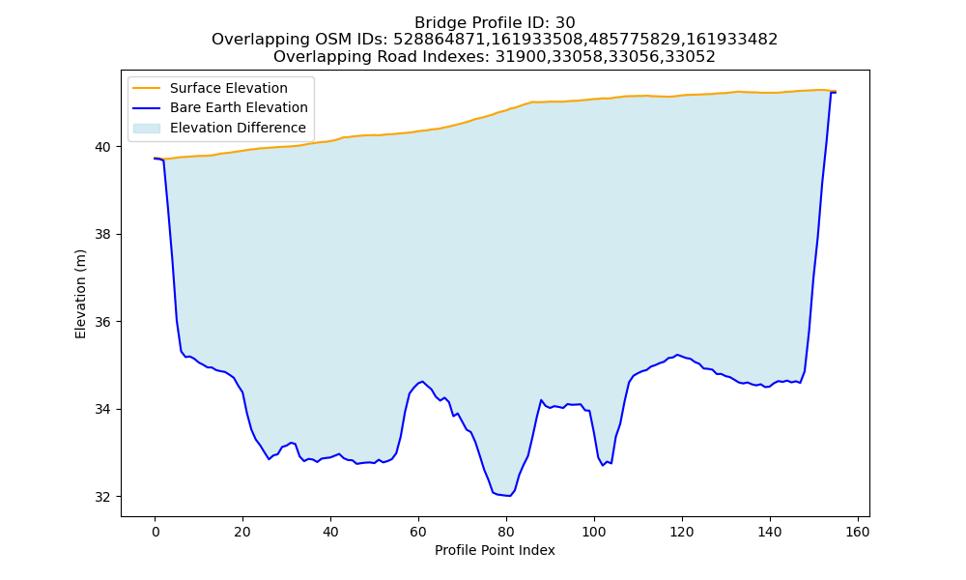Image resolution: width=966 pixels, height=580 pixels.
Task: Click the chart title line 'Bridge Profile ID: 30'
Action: pos(495,23)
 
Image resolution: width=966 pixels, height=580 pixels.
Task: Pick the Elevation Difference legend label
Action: pos(238,128)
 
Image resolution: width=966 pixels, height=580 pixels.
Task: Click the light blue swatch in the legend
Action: pos(147,129)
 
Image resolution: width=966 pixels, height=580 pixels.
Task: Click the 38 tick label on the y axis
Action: pos(103,235)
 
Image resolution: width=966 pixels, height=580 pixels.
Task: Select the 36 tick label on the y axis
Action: pos(103,322)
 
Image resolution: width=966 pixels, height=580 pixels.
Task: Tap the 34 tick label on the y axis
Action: pos(103,410)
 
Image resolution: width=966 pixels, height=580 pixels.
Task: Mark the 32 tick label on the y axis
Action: pos(103,498)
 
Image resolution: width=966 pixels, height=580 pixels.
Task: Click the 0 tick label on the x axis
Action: pos(156,532)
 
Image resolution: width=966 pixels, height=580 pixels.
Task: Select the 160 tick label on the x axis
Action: pos(858,532)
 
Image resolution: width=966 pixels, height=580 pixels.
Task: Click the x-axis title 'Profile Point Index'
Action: pos(495,550)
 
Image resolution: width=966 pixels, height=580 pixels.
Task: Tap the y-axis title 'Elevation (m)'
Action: pos(80,294)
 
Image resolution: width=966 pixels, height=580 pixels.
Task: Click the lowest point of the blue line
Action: pos(509,496)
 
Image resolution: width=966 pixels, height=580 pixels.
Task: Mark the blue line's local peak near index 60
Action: pos(423,382)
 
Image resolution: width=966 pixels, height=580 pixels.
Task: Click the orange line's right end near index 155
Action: pos(836,91)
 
